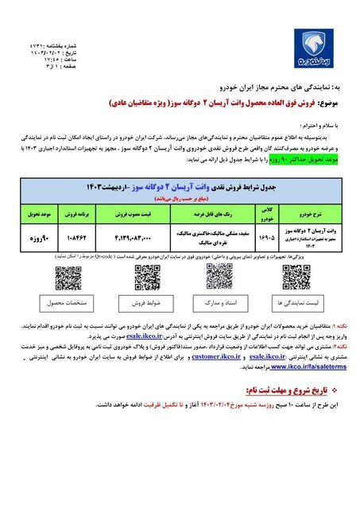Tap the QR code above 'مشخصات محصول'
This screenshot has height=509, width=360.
pos(68,278)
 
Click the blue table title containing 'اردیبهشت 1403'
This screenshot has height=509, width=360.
pos(183,186)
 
